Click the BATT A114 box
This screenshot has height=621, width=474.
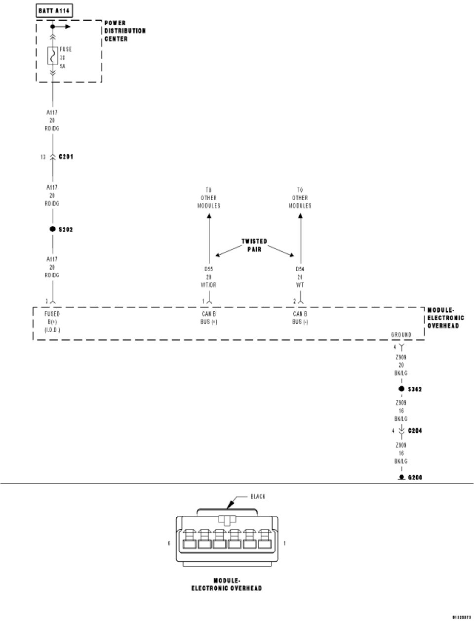[55, 10]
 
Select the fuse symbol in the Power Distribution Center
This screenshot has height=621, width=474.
[52, 56]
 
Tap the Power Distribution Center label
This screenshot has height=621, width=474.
[125, 31]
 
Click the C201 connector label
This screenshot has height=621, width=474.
[66, 157]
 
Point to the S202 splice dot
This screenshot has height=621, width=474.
[52, 229]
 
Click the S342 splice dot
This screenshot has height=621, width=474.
[401, 389]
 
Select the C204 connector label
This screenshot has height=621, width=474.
[415, 431]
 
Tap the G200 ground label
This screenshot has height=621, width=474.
[415, 478]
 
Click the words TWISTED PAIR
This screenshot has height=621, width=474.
[254, 245]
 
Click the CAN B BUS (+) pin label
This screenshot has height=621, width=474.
[209, 318]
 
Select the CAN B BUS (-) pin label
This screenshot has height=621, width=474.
[300, 318]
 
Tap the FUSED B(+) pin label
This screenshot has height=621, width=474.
[52, 322]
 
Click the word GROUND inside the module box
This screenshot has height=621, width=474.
[401, 334]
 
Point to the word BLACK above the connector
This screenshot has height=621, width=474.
[258, 497]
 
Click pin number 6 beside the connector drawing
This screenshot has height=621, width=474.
[169, 543]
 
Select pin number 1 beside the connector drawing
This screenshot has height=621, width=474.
[285, 543]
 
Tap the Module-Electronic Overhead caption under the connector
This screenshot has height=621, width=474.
[227, 584]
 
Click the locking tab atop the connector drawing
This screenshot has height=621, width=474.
[227, 520]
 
